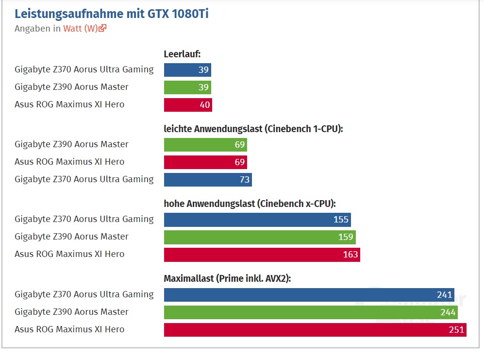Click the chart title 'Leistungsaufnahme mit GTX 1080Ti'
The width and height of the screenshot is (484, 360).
pos(111,13)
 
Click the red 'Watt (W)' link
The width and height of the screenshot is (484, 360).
pos(80,28)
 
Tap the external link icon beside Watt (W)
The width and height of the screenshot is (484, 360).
pos(102,28)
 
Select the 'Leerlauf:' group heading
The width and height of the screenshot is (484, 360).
pos(182,53)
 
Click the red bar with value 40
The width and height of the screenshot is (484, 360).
pos(188,105)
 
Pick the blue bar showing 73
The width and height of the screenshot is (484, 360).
pos(208,180)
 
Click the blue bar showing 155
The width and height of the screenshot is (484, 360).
pos(257,220)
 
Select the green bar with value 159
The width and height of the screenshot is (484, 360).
pos(260,237)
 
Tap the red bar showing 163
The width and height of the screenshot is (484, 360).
pos(262,255)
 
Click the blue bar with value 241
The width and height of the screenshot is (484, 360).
pos(309,295)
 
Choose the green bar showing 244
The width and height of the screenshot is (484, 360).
pos(311,312)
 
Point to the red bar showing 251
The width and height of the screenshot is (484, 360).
pos(315,330)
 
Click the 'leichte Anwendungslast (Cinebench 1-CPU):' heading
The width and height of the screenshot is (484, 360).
pos(253,129)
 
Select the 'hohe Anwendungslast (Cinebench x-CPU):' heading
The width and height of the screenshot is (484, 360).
pos(250,204)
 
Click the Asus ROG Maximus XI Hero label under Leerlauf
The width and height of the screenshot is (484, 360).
pos(69,104)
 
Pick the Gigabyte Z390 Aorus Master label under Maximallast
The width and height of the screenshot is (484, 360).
pos(71,312)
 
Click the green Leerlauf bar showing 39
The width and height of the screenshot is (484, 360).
pos(187,87)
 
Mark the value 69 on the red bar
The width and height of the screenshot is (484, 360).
pos(240,162)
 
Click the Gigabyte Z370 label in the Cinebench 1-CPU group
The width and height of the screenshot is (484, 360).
pos(84,179)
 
